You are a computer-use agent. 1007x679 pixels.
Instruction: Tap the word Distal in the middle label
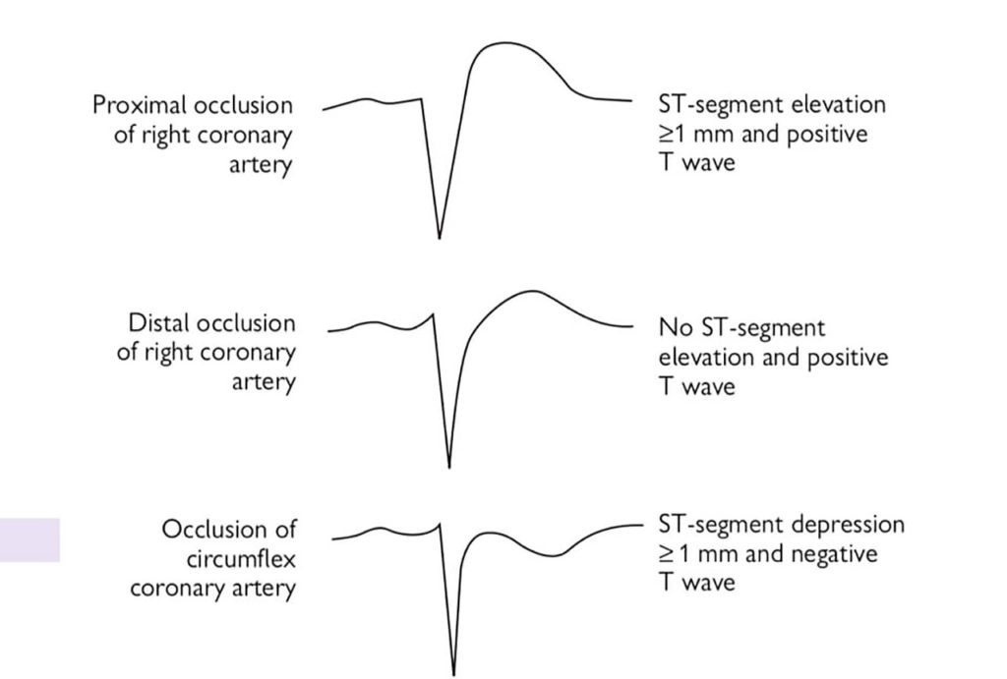pyautogui.click(x=159, y=323)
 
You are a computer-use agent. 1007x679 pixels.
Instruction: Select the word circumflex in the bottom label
pyautogui.click(x=241, y=559)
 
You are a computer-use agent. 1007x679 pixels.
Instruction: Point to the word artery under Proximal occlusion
pyautogui.click(x=261, y=164)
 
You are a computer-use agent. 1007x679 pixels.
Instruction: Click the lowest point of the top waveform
pyautogui.click(x=439, y=237)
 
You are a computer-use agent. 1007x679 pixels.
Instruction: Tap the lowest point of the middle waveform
pyautogui.click(x=449, y=467)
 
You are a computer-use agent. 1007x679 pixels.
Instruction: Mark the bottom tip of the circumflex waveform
pyautogui.click(x=453, y=673)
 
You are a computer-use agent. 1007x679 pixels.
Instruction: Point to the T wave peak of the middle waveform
pyautogui.click(x=532, y=291)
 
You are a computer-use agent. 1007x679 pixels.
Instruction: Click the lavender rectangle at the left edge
pyautogui.click(x=30, y=539)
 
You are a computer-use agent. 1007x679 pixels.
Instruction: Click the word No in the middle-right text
pyautogui.click(x=674, y=328)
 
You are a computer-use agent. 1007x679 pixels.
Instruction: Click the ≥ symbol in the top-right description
pyautogui.click(x=666, y=134)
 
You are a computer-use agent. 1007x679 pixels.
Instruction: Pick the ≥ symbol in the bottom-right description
pyautogui.click(x=666, y=554)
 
